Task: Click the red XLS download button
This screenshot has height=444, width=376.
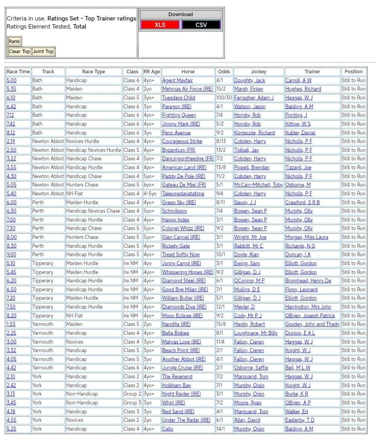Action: click(160, 25)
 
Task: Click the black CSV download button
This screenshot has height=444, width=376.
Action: click(201, 25)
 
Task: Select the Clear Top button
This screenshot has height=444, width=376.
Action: click(20, 52)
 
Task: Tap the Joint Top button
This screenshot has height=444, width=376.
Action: click(43, 52)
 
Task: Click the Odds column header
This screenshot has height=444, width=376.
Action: click(224, 72)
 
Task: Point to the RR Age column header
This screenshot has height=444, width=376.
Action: click(152, 72)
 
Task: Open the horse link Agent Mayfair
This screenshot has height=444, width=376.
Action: click(177, 80)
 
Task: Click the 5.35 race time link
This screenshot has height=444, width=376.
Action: click(11, 89)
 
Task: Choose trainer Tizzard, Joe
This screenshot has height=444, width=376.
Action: click(298, 167)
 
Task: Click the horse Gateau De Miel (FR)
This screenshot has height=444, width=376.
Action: click(184, 185)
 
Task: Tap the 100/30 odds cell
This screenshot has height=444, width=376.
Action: click(224, 98)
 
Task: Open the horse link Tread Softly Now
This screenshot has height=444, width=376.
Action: click(181, 255)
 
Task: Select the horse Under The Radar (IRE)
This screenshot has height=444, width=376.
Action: click(186, 420)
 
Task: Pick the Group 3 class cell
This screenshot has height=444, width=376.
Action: click(132, 403)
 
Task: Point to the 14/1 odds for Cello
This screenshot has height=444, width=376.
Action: click(221, 429)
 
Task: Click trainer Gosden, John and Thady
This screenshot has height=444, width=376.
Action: click(312, 324)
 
